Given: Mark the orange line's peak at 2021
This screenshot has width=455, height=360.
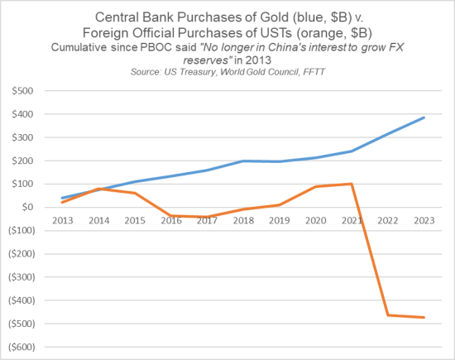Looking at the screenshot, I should coord(352,184).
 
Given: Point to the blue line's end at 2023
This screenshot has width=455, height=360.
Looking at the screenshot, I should coord(423,118).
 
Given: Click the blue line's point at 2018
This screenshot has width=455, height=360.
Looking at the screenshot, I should coord(243,161).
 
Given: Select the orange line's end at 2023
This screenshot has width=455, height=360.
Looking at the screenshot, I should coord(423,317).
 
